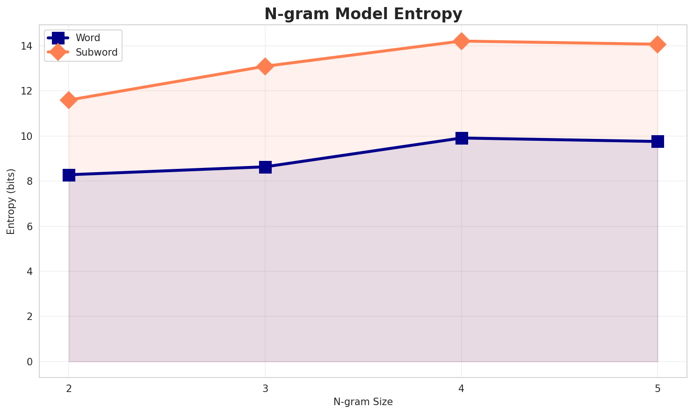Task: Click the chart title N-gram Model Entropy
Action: click(x=363, y=14)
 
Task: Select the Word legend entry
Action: click(x=87, y=38)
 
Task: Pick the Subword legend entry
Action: click(x=96, y=52)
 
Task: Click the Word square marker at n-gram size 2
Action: click(x=69, y=175)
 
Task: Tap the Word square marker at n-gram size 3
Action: click(x=265, y=167)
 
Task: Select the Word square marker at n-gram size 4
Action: click(x=462, y=138)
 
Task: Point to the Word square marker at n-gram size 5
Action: click(x=658, y=141)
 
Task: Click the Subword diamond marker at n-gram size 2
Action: click(x=69, y=100)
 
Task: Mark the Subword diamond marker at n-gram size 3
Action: click(x=265, y=66)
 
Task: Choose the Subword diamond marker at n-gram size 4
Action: click(x=462, y=41)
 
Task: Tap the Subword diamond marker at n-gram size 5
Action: click(x=658, y=44)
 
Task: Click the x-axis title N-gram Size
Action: click(x=363, y=402)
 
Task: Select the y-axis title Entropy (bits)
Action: click(x=11, y=201)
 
